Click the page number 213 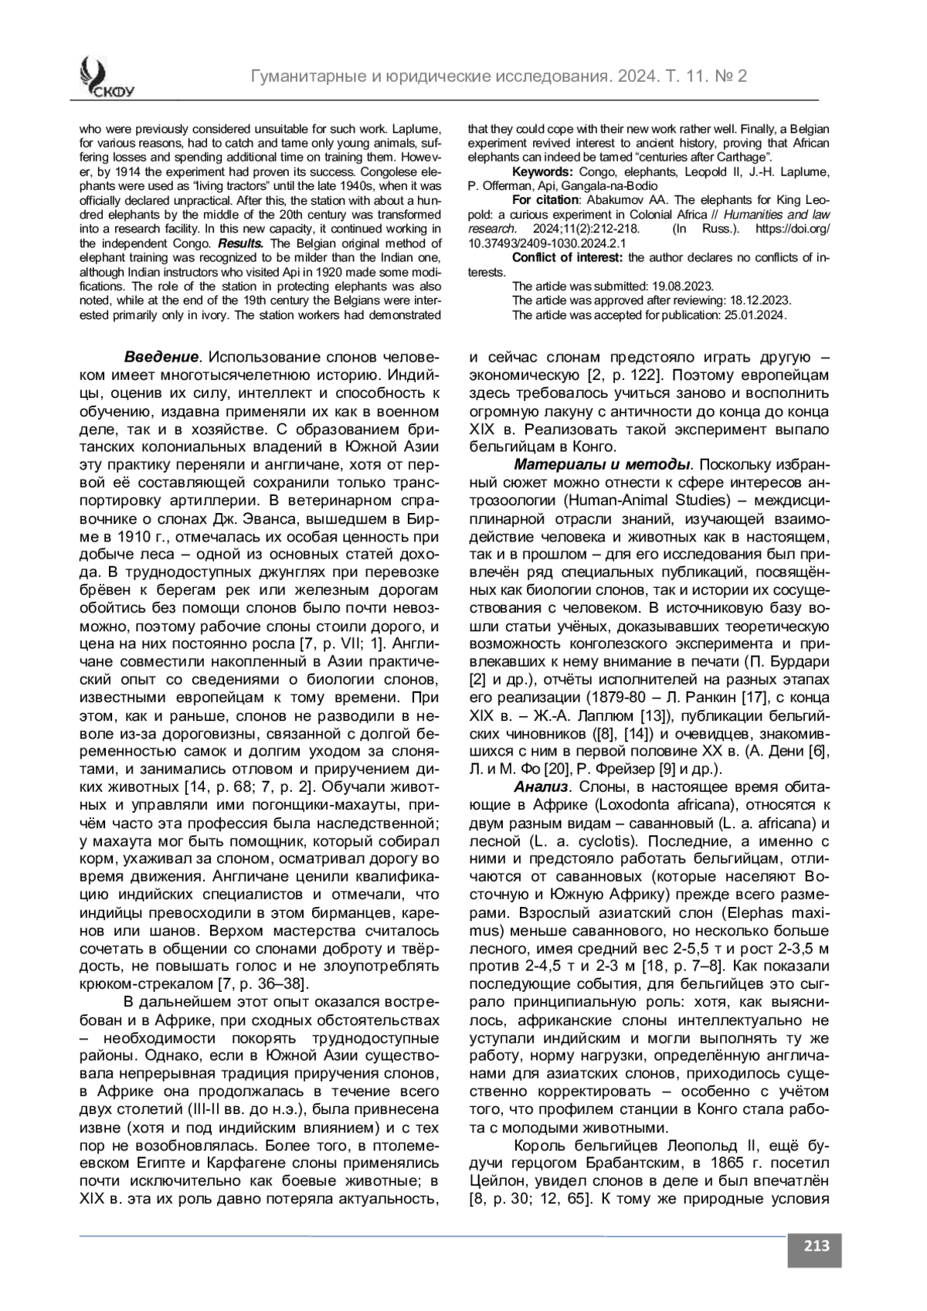point(815,1245)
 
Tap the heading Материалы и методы point(602,464)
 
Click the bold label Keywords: point(542,172)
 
